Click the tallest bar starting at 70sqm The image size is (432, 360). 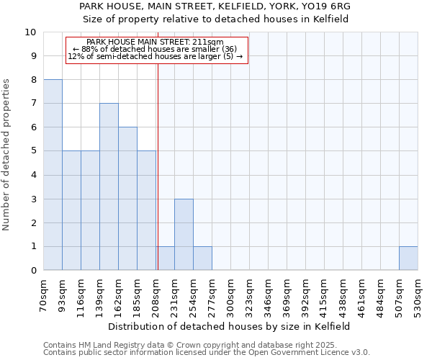(x=53, y=175)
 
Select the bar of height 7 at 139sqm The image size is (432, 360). (x=109, y=186)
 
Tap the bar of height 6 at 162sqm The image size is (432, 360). (x=127, y=199)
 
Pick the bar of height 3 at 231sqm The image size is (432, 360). (x=184, y=234)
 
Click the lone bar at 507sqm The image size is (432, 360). (x=408, y=258)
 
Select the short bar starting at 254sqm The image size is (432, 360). (x=202, y=258)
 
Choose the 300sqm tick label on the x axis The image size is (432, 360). (x=231, y=294)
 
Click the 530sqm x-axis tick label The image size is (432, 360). (x=418, y=294)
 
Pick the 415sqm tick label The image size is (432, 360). (x=325, y=294)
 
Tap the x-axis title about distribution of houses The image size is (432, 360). (x=230, y=326)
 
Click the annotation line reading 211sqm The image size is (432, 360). (x=156, y=42)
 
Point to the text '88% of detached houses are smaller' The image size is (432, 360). (x=156, y=49)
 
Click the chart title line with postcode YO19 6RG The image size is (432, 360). (x=215, y=6)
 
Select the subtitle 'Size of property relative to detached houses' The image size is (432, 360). (x=215, y=19)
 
